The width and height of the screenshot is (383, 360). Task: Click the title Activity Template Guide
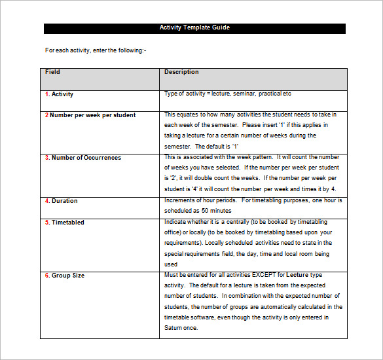(x=194, y=28)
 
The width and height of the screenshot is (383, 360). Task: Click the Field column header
(x=52, y=72)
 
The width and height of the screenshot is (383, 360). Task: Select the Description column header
(x=181, y=72)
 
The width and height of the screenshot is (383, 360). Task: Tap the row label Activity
(x=62, y=94)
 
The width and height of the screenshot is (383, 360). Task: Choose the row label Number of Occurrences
(x=86, y=158)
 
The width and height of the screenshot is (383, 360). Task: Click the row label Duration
(x=64, y=201)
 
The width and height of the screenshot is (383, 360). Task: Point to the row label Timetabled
(x=67, y=223)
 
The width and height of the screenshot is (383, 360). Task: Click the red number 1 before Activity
(x=47, y=94)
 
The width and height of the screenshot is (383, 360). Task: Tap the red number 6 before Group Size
(x=47, y=276)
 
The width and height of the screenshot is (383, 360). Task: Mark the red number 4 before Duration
(x=47, y=201)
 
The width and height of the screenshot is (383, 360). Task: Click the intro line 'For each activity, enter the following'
(x=96, y=50)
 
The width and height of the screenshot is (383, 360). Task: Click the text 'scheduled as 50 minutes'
(x=198, y=211)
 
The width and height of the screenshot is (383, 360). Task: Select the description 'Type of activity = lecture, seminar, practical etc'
(x=228, y=94)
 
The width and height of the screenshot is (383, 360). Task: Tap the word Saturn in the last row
(x=173, y=328)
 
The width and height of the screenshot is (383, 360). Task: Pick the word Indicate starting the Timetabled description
(x=175, y=222)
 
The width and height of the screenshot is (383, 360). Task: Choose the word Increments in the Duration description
(x=180, y=200)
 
